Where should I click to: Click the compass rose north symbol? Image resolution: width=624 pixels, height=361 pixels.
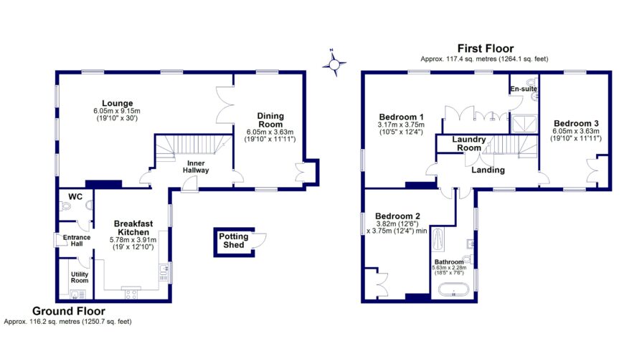click(334, 64)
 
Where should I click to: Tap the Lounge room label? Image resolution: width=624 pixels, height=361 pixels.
click(117, 103)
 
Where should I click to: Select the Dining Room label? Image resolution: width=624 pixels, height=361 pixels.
click(270, 120)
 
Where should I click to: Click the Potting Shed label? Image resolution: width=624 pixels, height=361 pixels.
click(233, 241)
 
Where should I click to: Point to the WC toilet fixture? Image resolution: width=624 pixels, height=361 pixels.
click(67, 206)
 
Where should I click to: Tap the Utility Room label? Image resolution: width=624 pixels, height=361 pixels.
click(79, 276)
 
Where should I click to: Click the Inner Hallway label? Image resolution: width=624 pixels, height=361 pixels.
click(194, 166)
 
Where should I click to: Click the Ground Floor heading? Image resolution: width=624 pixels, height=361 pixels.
click(69, 311)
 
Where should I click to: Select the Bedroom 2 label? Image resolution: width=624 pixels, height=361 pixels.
click(397, 216)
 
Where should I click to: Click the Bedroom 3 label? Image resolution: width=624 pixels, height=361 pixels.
click(575, 123)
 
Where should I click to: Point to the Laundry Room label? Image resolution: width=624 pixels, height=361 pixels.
click(470, 143)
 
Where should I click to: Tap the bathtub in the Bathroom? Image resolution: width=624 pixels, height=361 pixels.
click(453, 291)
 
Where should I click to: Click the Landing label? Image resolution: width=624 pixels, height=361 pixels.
click(487, 170)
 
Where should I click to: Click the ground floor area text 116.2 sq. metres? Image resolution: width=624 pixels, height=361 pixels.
click(68, 322)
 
